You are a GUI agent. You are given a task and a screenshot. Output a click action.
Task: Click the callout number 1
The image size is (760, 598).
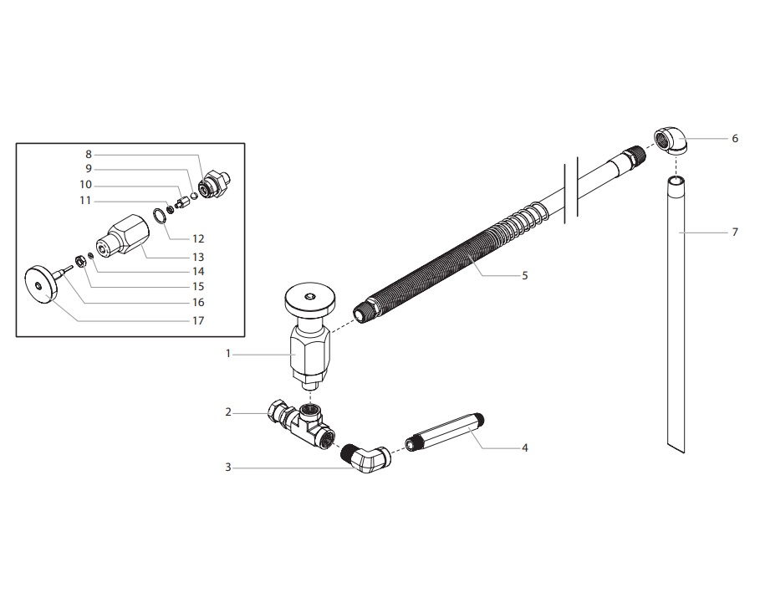(227, 354)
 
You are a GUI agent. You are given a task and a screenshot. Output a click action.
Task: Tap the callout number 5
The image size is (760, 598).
(524, 275)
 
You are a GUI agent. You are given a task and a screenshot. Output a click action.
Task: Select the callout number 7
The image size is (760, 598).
(735, 232)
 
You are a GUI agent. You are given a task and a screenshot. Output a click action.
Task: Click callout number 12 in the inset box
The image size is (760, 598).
(198, 238)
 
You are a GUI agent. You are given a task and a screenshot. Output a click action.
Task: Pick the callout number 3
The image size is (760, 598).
(227, 468)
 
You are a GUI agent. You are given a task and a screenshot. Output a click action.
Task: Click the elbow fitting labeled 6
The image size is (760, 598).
(671, 141)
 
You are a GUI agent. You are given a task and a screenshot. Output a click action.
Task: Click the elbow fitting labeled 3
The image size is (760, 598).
(370, 460)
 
